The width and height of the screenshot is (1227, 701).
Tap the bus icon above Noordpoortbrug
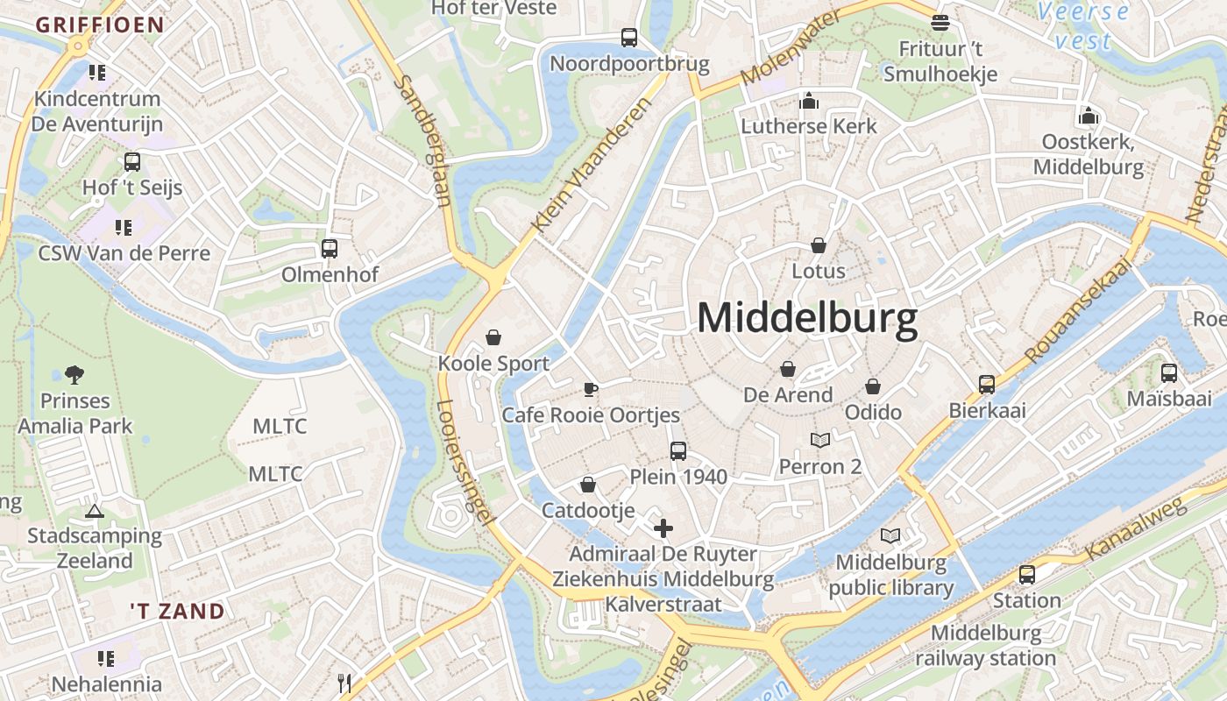pos(629,37)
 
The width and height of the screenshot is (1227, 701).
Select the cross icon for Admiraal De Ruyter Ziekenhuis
pos(663,528)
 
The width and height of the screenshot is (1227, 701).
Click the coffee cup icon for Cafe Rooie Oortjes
pos(591,389)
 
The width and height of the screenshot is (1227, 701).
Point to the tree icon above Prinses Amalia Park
pos(74,375)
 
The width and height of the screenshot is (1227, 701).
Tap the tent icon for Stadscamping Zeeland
pos(95,510)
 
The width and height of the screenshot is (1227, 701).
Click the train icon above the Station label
pos(1026,575)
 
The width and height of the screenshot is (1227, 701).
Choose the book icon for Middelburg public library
pos(890,535)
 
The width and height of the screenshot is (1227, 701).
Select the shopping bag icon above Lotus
pos(819,245)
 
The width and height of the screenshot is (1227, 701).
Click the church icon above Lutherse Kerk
pos(808,101)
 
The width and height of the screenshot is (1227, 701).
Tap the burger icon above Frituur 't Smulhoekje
pos(940,22)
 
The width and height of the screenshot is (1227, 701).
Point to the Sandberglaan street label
pos(423,140)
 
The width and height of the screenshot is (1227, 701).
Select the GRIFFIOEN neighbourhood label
pos(100,25)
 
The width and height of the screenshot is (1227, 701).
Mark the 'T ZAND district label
pos(177,611)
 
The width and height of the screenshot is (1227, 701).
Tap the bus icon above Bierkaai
pos(987,385)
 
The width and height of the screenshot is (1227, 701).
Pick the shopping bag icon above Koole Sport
pos(493,337)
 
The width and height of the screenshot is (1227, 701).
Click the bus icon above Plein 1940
pos(678,451)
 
